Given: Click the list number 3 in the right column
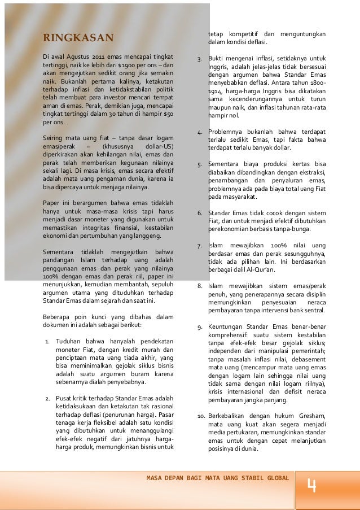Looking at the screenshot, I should pos(199,58).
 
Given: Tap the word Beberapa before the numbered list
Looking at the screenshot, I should pos(60,317).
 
